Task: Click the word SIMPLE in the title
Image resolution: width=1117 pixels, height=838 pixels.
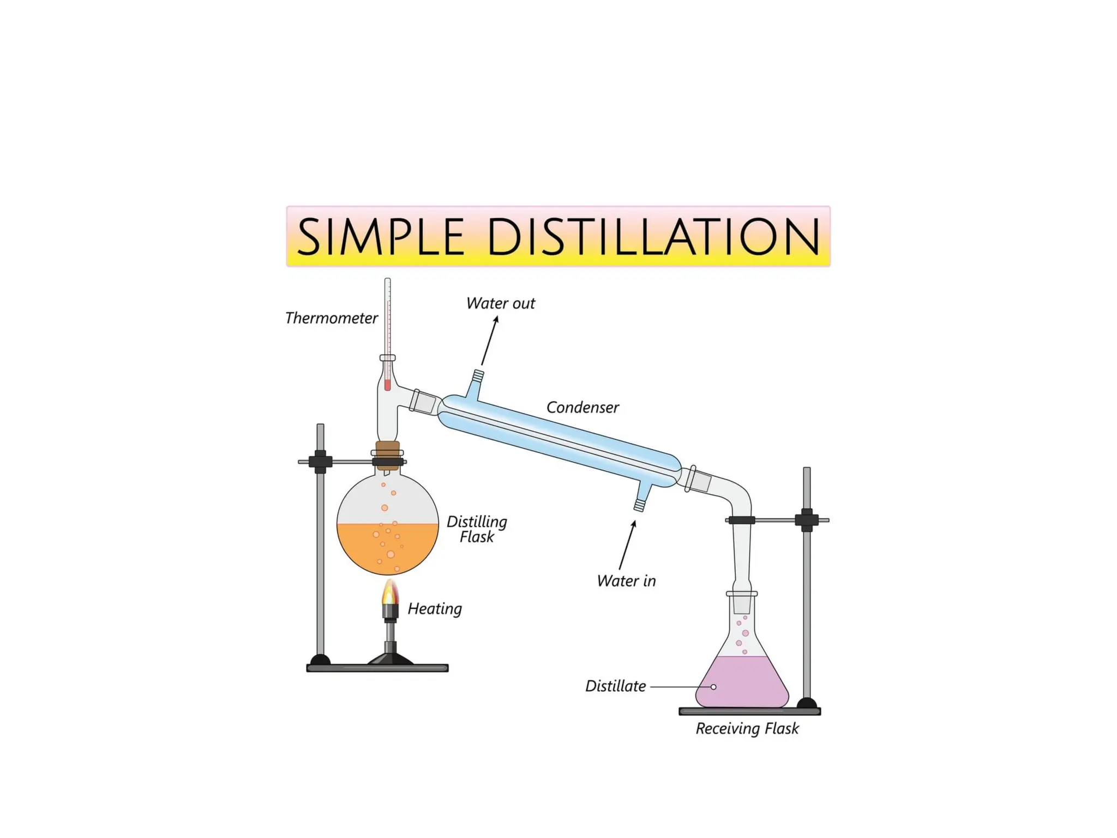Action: click(x=380, y=237)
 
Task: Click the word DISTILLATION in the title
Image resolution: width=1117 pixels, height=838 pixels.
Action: click(x=653, y=237)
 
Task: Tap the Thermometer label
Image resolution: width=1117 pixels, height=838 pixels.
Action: click(x=331, y=318)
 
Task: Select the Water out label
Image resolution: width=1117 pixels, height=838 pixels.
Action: click(x=500, y=303)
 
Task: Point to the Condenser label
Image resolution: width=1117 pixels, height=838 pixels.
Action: click(x=582, y=408)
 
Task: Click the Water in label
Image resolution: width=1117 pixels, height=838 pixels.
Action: click(x=626, y=581)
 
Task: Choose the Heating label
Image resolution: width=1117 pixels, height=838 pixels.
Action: click(x=435, y=609)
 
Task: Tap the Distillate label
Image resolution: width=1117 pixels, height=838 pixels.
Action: click(x=615, y=686)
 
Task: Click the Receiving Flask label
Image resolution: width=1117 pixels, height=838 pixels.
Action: click(x=747, y=729)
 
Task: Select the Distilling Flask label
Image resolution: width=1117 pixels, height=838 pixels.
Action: click(x=477, y=529)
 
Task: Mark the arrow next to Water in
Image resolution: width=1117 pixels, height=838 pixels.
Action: click(x=627, y=545)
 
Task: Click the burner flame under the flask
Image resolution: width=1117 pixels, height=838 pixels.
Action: click(x=390, y=592)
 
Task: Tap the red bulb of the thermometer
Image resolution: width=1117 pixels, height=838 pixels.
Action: click(x=387, y=385)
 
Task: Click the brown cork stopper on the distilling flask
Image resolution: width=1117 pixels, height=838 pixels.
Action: click(x=388, y=454)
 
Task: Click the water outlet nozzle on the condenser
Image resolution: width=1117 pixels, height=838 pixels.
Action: click(x=477, y=376)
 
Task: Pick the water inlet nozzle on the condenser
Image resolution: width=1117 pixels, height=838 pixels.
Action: click(x=640, y=505)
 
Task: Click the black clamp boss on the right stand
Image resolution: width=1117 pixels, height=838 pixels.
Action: click(x=807, y=520)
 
